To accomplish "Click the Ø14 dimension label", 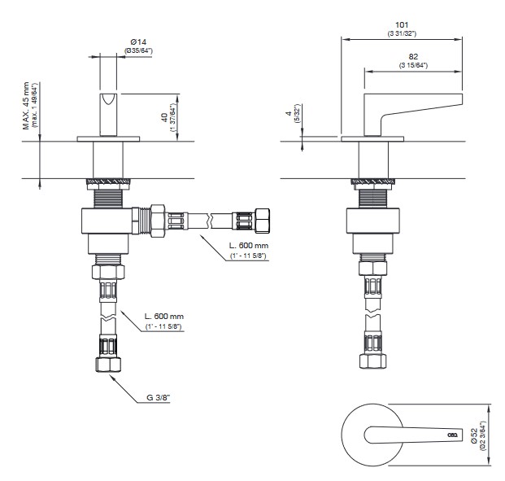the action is (x=138, y=42).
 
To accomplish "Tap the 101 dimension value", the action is (x=402, y=25).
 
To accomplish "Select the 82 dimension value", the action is (x=413, y=57).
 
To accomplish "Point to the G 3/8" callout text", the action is (x=158, y=397).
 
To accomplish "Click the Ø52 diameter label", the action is (x=474, y=435).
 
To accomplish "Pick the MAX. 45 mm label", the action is (x=26, y=106).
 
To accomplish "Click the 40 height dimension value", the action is (x=164, y=118).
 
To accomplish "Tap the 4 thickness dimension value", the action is (x=289, y=113).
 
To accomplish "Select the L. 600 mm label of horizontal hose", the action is (x=249, y=246).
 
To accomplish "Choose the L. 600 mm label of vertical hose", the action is (x=164, y=317).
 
